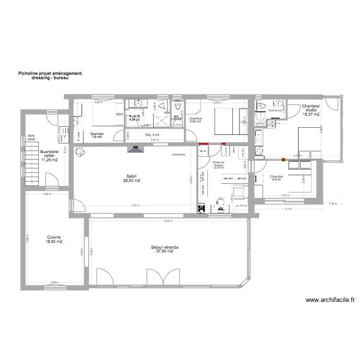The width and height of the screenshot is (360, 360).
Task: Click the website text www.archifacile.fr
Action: tap(330, 300)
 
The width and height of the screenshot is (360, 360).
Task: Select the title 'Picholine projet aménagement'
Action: tap(50, 73)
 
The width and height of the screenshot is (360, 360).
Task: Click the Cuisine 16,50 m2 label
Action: tap(54, 240)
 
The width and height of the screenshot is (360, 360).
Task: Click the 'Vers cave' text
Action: tap(31, 137)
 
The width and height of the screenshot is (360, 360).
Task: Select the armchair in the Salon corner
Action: tap(80, 152)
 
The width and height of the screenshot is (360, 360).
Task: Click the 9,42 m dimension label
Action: tap(167, 221)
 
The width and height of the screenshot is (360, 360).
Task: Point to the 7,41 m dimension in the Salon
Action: tap(136, 205)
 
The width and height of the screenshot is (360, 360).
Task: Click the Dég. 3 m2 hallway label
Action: tap(152, 135)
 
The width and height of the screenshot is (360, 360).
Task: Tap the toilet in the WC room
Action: tap(178, 107)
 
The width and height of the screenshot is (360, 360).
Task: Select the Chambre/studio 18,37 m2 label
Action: tap(311, 110)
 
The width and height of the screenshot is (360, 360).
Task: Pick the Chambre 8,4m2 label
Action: tap(276, 179)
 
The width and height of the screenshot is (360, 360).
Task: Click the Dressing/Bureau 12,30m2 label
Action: tap(219, 165)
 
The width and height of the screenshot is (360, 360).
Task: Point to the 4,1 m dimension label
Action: tap(288, 209)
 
